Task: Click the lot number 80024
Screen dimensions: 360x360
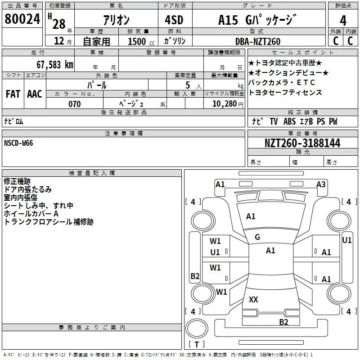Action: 22,19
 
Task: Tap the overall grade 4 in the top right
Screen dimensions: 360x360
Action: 343,21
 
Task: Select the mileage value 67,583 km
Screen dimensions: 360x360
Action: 55,65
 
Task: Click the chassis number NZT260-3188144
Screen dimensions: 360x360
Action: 302,143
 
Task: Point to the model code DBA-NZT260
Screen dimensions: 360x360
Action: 258,41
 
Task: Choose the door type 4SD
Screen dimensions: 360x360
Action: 174,20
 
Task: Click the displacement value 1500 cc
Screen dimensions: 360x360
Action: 141,41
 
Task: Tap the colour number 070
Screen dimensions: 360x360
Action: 75,104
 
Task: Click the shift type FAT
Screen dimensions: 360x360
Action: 13,94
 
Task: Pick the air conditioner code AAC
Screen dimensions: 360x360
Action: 35,94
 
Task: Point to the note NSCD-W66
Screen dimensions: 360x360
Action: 18,143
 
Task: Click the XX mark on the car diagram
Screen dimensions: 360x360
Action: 253,299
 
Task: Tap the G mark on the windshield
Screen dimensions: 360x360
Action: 257,237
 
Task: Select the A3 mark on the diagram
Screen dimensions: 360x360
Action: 321,184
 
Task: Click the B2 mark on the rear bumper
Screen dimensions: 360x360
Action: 283,322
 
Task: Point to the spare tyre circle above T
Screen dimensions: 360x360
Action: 197,328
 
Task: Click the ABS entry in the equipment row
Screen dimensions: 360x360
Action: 289,121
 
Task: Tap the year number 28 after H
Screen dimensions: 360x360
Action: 59,24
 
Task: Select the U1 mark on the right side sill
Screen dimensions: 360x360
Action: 347,240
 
